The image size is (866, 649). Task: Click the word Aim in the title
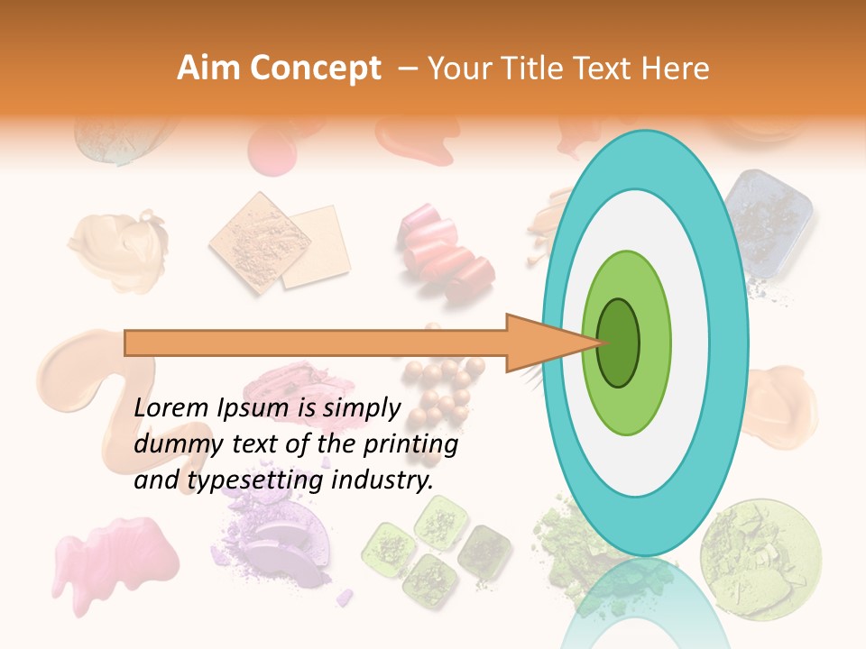[208, 69]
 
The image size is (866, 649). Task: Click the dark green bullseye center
[619, 343]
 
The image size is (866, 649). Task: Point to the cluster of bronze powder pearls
[442, 379]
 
